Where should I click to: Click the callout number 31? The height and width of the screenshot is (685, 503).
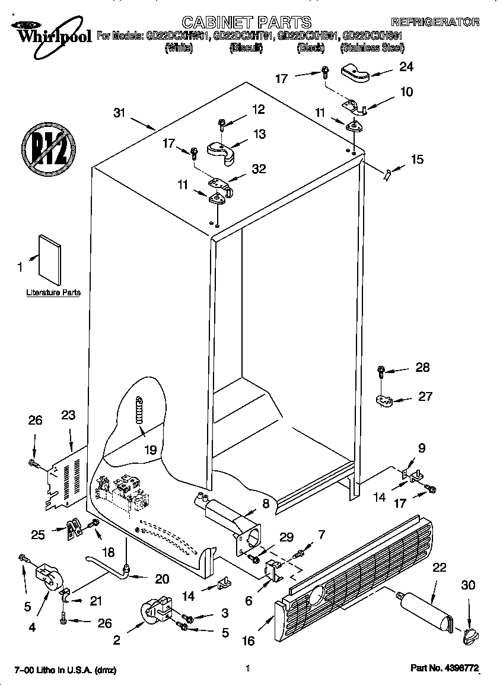click(x=120, y=113)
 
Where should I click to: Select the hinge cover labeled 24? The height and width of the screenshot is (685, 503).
click(x=355, y=74)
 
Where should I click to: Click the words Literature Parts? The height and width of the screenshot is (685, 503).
click(x=53, y=293)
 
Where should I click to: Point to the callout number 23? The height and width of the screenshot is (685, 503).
click(x=68, y=415)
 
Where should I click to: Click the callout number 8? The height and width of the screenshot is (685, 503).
click(x=265, y=504)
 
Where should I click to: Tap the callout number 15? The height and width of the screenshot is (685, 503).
click(x=417, y=160)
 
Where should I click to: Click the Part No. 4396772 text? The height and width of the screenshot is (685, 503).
click(x=445, y=669)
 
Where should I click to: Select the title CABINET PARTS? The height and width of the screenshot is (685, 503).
click(x=246, y=23)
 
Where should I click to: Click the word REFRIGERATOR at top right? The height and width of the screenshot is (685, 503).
click(x=435, y=23)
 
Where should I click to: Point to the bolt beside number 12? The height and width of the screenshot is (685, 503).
click(x=221, y=125)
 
